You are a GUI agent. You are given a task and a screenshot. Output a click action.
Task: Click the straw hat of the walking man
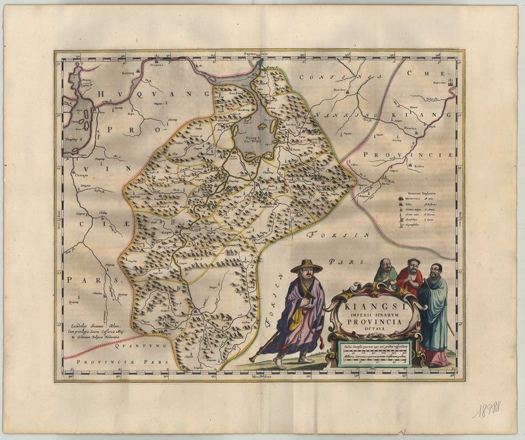tap(305, 266)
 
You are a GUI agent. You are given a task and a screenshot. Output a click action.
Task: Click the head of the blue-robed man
tap(436, 270)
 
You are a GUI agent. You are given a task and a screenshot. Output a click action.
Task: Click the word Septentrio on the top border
tap(257, 53)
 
